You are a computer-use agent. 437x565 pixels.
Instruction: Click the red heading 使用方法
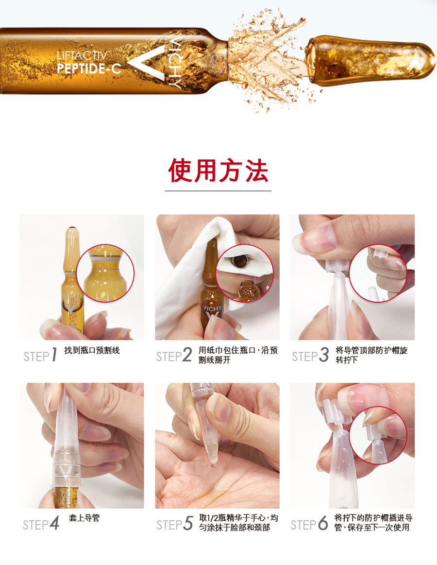[x=218, y=170]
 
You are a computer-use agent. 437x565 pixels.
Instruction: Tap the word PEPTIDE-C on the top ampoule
[x=89, y=68]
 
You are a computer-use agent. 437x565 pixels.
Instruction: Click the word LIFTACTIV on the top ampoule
[x=82, y=56]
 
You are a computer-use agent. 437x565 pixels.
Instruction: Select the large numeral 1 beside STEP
[x=54, y=355]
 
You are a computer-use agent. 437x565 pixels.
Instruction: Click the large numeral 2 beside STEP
[x=187, y=355]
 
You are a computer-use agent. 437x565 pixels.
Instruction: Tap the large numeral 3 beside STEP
[x=324, y=355]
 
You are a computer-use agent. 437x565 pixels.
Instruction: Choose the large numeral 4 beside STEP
[x=54, y=523]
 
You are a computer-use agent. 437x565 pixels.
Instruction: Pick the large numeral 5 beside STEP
[x=188, y=523]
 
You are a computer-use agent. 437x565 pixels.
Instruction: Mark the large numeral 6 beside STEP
[x=323, y=523]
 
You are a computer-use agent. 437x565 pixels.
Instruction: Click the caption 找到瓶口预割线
[x=92, y=350]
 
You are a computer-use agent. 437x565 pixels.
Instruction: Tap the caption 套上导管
[x=84, y=518]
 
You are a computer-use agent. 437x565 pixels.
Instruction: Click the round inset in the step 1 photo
[x=105, y=273]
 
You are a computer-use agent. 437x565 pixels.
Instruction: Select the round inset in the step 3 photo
[x=378, y=274]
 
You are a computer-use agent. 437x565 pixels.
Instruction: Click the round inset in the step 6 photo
[x=378, y=436]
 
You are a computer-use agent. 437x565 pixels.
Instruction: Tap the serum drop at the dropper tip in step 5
[x=213, y=464]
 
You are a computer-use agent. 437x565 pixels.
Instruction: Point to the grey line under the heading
[x=218, y=190]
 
